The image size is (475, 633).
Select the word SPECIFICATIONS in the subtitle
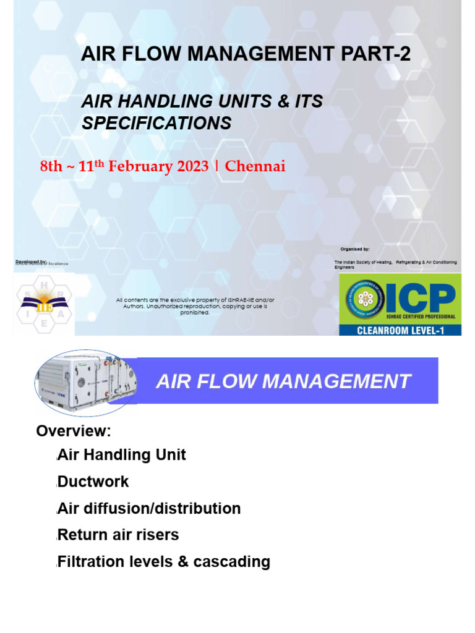pos(156,123)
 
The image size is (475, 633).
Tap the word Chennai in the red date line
pos(255,166)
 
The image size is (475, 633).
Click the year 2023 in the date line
pos(191,166)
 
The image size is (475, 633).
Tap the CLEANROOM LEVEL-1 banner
pos(400,330)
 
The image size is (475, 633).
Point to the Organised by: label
pos(355,249)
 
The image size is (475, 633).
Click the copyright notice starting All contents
pos(195,306)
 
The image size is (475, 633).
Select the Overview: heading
pos(74,430)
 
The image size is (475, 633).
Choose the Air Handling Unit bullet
pos(121,455)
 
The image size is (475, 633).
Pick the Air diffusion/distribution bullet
pos(148,509)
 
